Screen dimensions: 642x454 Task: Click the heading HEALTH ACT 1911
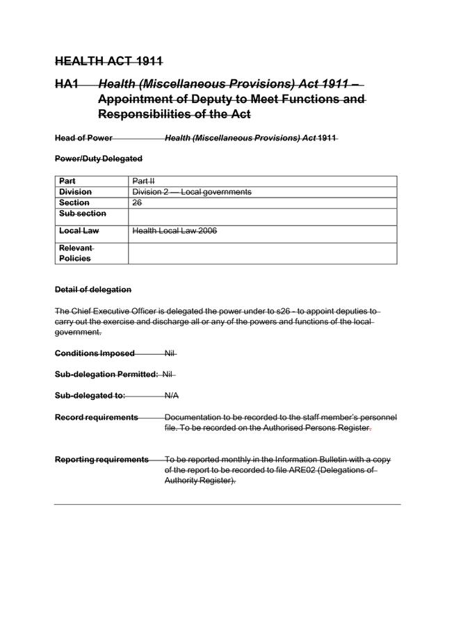pyautogui.click(x=108, y=61)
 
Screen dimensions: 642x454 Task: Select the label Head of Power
pyautogui.click(x=83, y=138)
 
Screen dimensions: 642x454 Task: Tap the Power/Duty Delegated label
pyautogui.click(x=98, y=159)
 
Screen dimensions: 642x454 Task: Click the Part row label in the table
pyautogui.click(x=67, y=181)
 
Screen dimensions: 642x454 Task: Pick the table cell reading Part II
pyautogui.click(x=143, y=181)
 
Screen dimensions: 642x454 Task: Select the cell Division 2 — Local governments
pyautogui.click(x=191, y=192)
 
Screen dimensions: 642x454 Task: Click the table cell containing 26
pyautogui.click(x=137, y=202)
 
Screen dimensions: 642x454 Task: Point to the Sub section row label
pyautogui.click(x=83, y=214)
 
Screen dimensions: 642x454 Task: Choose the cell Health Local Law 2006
pyautogui.click(x=174, y=230)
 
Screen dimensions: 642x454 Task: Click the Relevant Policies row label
pyautogui.click(x=75, y=253)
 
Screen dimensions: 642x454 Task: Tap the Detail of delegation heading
pyautogui.click(x=92, y=289)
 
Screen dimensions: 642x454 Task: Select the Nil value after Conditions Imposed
pyautogui.click(x=170, y=353)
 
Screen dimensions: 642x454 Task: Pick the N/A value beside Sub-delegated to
pyautogui.click(x=172, y=396)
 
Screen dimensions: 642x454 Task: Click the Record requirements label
pyautogui.click(x=96, y=417)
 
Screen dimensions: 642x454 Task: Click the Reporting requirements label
pyautogui.click(x=102, y=460)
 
